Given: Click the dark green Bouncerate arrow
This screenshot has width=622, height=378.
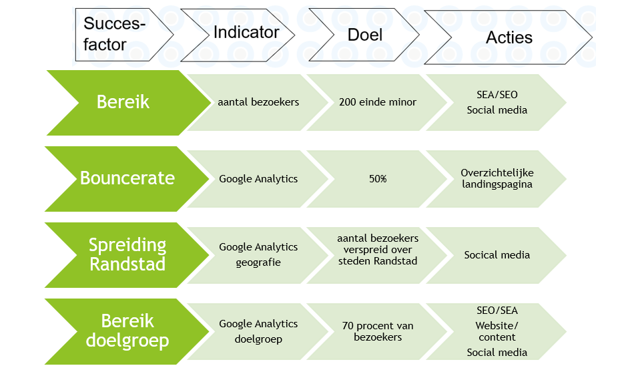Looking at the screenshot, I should click(x=127, y=178).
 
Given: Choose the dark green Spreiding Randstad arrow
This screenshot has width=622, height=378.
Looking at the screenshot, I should click(x=127, y=254).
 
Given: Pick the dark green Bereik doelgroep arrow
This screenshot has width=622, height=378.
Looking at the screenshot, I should click(x=127, y=331).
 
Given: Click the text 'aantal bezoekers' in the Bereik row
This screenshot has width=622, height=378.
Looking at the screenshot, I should click(x=258, y=102).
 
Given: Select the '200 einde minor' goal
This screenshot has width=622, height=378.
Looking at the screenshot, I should click(x=377, y=102).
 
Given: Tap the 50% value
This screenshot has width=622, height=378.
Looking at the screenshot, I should click(x=378, y=179).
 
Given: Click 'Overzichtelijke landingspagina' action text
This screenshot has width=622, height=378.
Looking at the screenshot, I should click(x=497, y=178).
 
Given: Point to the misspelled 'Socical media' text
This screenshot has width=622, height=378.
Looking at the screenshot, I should click(x=497, y=254).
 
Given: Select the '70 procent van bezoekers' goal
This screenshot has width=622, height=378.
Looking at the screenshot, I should click(x=378, y=331).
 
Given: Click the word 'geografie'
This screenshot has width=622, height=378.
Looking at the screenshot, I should click(x=258, y=262).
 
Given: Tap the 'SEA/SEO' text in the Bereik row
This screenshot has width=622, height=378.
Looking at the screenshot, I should click(x=497, y=95).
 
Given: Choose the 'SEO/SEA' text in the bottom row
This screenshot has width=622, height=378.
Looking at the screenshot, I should click(x=497, y=310).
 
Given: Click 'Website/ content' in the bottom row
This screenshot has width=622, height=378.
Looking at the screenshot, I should click(x=497, y=331).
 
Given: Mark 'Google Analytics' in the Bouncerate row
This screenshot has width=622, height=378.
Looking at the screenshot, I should click(x=258, y=178).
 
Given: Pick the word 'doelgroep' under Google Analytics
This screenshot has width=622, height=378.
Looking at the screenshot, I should click(x=258, y=339).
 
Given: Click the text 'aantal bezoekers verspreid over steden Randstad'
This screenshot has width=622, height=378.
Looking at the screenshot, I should click(x=378, y=250).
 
